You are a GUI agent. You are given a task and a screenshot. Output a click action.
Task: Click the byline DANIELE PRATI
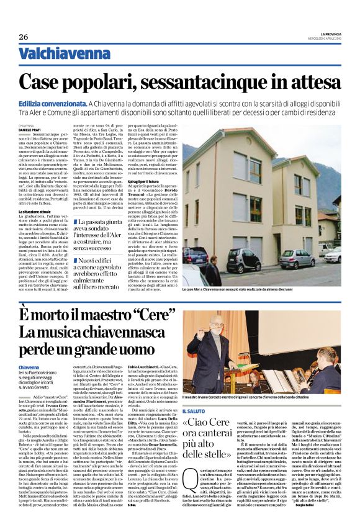[30, 129]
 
